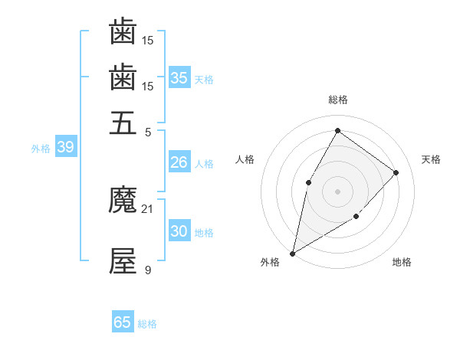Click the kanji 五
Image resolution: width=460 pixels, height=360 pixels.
(123, 122)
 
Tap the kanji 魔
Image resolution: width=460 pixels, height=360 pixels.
(123, 201)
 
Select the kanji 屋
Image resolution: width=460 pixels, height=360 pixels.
(123, 261)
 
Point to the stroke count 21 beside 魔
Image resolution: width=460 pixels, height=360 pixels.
(147, 208)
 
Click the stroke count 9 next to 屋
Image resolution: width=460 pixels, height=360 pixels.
(148, 269)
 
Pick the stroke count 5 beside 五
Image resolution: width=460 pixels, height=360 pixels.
(148, 131)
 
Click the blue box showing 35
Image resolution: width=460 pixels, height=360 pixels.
(179, 77)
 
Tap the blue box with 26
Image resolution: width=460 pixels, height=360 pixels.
(179, 162)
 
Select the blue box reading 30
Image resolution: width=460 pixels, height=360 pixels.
(179, 231)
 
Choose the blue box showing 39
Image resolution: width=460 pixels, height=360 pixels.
(65, 148)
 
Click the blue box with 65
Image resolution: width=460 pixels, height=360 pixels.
(123, 322)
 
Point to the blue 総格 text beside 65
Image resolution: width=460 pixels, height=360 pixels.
(147, 324)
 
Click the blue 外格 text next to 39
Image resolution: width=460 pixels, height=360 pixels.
(41, 149)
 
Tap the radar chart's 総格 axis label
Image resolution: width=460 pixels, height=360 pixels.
(337, 100)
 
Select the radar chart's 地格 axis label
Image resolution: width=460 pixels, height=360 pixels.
(402, 262)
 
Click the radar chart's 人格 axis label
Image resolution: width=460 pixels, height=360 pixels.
(245, 159)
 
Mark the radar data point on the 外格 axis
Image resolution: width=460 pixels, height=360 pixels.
(292, 253)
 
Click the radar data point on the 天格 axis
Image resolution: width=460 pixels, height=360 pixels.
(396, 172)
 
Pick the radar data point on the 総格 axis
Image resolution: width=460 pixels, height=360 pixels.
(337, 130)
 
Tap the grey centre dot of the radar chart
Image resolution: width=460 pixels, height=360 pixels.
(337, 191)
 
